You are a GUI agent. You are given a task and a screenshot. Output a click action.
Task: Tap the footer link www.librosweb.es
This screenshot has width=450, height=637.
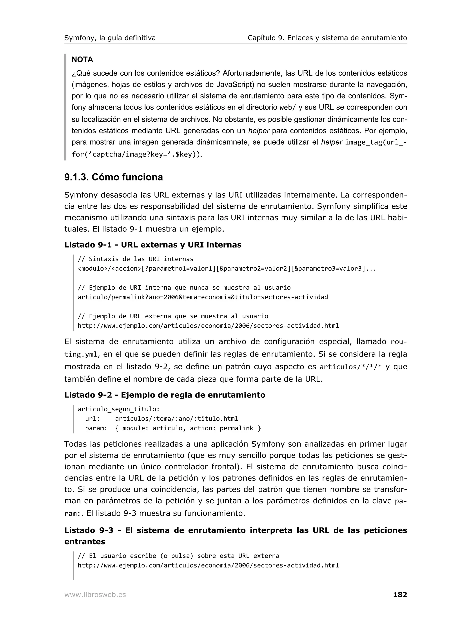[95, 595]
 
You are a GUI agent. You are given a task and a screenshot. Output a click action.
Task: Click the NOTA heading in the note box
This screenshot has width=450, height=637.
[82, 60]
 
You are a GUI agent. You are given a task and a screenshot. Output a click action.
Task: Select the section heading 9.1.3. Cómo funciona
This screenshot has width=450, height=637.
[113, 177]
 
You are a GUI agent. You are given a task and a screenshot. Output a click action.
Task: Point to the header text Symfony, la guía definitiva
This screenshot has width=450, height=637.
[110, 38]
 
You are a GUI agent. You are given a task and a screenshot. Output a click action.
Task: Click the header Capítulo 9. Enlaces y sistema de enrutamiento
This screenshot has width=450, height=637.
[327, 38]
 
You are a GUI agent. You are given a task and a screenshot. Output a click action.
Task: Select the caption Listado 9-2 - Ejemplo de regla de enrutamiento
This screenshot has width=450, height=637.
[165, 395]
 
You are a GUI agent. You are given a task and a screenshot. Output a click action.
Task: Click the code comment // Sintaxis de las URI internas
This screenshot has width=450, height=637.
[135, 259]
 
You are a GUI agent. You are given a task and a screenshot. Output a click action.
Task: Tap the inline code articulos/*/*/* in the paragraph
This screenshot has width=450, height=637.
[351, 367]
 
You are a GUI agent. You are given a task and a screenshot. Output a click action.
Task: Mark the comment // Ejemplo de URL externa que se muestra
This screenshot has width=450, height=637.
[173, 316]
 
